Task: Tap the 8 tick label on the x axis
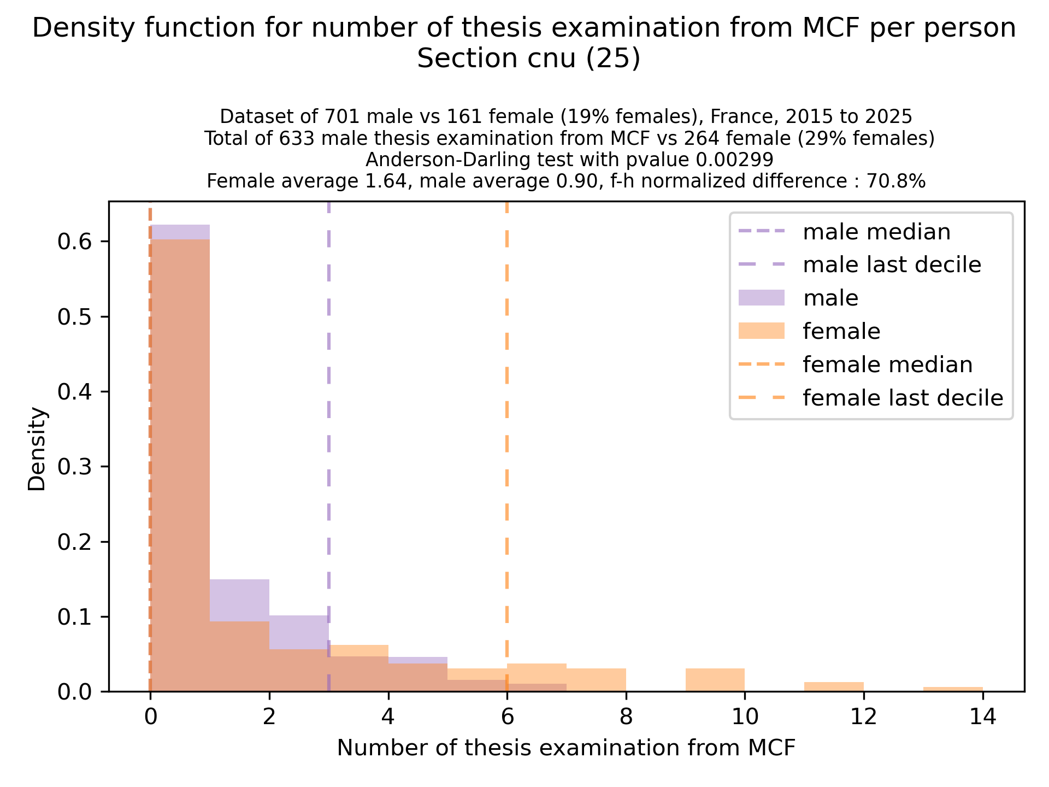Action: point(626,716)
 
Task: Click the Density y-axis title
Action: point(38,449)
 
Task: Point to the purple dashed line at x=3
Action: point(329,437)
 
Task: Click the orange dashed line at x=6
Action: point(507,437)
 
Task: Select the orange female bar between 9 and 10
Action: point(715,680)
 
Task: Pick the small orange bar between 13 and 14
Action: point(953,689)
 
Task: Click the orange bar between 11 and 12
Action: point(834,687)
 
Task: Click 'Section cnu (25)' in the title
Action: point(528,59)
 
